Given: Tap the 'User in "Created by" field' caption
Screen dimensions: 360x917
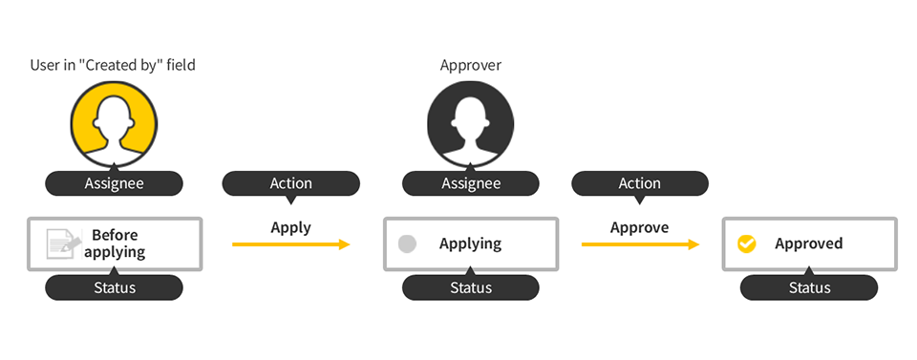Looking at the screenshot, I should click(114, 66).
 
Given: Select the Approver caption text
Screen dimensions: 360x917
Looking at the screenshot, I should click(470, 66).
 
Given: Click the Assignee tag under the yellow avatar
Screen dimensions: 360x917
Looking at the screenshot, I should click(114, 183).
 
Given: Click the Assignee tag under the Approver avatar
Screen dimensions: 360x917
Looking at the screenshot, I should click(470, 183).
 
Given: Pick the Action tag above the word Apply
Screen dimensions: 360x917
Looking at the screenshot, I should click(290, 183).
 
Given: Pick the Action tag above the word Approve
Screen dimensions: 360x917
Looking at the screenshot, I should click(639, 183).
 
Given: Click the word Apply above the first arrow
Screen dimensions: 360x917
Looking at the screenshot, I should click(290, 227).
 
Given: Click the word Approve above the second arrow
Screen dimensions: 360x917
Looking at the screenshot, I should click(639, 227).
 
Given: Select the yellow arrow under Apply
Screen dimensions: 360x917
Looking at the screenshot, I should click(290, 245).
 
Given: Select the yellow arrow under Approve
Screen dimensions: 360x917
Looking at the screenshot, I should click(639, 245).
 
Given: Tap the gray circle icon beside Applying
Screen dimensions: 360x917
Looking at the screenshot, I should click(407, 244).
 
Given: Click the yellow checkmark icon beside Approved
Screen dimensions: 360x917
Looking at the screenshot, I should click(747, 244).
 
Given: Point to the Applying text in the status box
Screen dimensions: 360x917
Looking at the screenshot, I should click(470, 244).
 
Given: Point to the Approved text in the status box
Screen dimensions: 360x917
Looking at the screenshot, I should click(808, 244).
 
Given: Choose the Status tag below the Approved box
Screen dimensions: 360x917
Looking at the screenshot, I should click(809, 287).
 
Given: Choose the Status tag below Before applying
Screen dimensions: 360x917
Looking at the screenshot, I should click(114, 287).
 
